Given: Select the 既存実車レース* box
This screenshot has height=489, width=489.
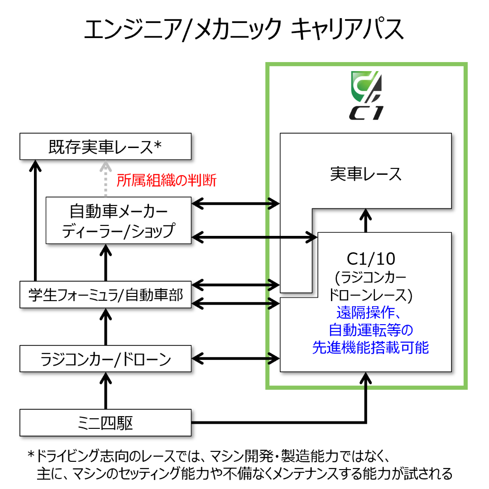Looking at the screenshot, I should coord(105,146).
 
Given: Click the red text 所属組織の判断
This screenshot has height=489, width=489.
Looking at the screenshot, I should coord(167,180).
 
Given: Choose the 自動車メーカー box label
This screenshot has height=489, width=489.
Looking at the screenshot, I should coord(119,211).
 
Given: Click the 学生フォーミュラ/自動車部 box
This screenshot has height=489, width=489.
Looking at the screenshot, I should coord(105,295).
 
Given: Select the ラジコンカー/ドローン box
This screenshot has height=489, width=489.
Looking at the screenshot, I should coord(105,360).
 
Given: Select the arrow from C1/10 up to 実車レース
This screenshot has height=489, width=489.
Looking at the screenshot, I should coord(366,221).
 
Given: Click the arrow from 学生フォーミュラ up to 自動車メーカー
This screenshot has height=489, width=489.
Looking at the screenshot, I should coord(105,263).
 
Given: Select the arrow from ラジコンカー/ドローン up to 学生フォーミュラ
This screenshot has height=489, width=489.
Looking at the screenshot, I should coord(105,327).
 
